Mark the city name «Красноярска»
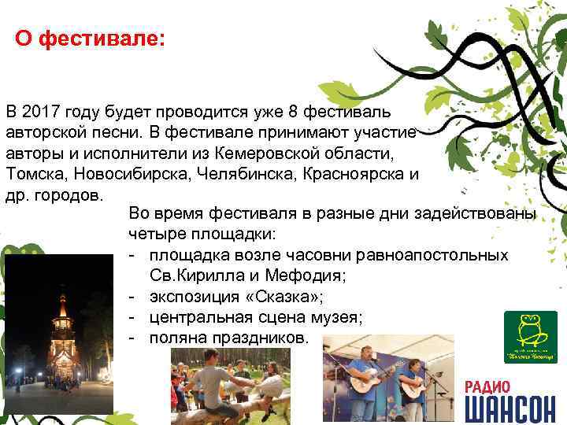(x=354, y=173)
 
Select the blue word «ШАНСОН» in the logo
(x=510, y=409)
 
